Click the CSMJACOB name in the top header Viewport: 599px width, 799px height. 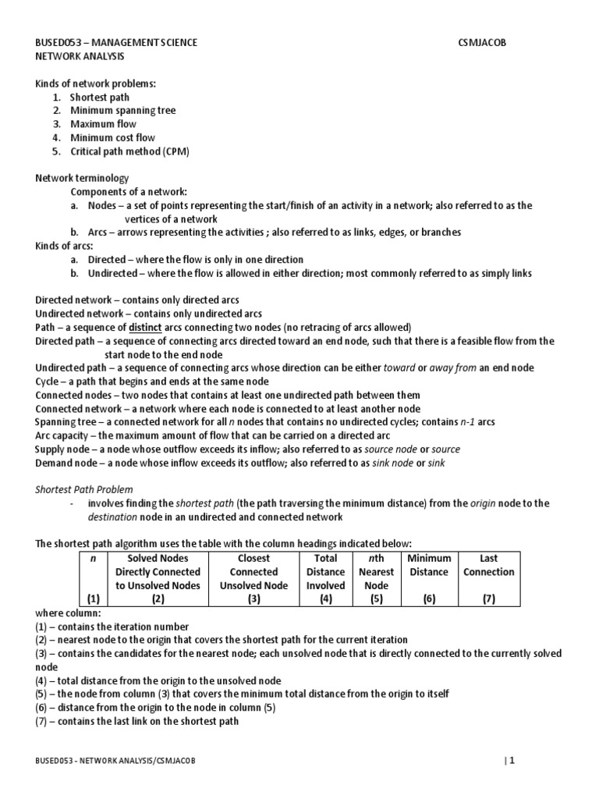pyautogui.click(x=484, y=43)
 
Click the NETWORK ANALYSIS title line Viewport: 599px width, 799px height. pyautogui.click(x=80, y=57)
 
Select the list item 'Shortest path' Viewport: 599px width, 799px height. pyautogui.click(x=100, y=98)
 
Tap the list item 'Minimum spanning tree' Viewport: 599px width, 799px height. pyautogui.click(x=122, y=111)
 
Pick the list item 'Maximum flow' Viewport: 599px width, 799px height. pyautogui.click(x=103, y=124)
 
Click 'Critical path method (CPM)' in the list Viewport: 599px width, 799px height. pyautogui.click(x=129, y=151)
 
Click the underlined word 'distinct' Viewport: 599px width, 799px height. pyautogui.click(x=145, y=327)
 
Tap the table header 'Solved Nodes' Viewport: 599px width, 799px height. pyautogui.click(x=158, y=558)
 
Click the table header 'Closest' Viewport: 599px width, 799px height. pyautogui.click(x=253, y=558)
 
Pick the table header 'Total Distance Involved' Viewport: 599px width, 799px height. pyautogui.click(x=325, y=571)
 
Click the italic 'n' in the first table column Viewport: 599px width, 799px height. pyautogui.click(x=94, y=558)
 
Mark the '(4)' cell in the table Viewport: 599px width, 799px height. pyautogui.click(x=325, y=599)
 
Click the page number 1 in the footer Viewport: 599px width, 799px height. pyautogui.click(x=512, y=761)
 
